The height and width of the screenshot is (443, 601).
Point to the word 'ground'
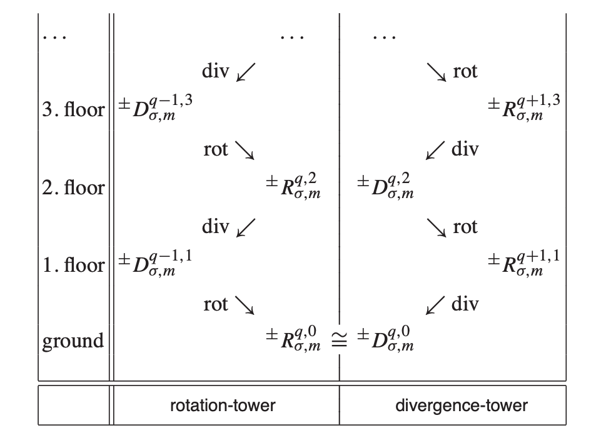coord(73,342)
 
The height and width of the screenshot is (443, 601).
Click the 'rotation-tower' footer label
coord(223,406)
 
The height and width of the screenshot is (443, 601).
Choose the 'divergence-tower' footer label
coord(461,406)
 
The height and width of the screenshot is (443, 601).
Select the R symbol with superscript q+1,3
coord(523,108)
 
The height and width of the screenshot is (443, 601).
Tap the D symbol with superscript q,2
coord(385,186)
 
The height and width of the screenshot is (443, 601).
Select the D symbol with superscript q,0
coord(385,341)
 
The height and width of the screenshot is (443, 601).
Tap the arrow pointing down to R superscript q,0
coord(244,305)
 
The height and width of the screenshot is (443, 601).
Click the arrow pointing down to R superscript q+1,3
coord(438,72)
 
